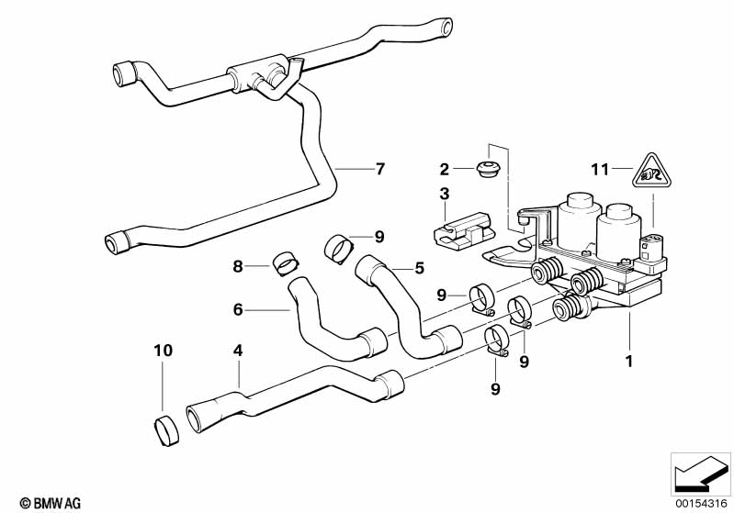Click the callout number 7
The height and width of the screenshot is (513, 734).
379,168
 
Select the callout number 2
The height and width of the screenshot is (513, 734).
445,169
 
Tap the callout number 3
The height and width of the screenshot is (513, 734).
445,194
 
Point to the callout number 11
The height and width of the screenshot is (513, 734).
600,169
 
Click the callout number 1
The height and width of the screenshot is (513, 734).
629,361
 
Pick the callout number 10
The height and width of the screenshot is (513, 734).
164,351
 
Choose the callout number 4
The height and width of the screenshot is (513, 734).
238,351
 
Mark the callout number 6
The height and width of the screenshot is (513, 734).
238,309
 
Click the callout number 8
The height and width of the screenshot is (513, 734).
238,266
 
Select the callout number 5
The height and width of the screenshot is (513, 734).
420,268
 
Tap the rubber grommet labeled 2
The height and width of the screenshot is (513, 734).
488,168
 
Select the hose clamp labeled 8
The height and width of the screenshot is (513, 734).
286,263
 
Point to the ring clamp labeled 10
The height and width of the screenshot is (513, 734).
166,429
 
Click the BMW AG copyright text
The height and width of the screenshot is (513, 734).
51,503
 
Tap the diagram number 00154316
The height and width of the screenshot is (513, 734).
701,504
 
